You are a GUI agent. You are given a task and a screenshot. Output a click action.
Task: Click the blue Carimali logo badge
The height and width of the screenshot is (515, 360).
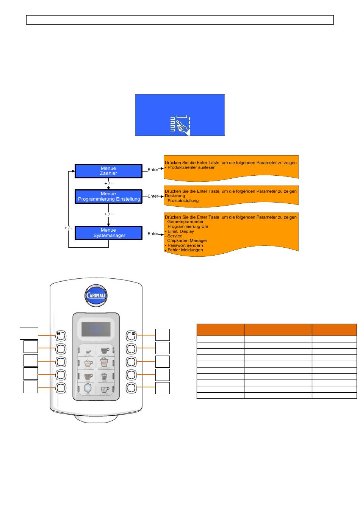point(96,295)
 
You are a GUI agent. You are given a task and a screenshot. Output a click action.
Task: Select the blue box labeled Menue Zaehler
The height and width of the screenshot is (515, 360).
point(108,171)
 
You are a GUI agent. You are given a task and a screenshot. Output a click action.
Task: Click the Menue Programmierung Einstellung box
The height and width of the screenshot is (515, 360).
point(108,197)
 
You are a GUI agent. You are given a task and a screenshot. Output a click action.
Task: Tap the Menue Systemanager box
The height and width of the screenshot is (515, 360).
point(108,233)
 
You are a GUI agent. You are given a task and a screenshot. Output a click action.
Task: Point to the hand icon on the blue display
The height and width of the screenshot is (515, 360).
point(180,125)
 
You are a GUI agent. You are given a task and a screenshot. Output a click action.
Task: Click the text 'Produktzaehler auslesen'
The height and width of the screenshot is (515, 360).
point(191,167)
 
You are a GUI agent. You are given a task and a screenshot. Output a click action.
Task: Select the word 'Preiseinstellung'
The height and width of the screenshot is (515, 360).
point(183,201)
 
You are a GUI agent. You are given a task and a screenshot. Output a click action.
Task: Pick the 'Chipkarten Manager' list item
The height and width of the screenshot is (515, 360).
point(187,240)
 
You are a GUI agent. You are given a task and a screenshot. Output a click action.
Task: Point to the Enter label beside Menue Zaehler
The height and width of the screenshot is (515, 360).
point(153,170)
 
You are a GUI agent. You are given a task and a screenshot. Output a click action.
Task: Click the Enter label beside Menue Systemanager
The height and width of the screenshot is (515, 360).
point(153,234)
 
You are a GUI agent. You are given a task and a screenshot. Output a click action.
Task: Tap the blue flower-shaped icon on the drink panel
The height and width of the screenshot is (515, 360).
point(88,389)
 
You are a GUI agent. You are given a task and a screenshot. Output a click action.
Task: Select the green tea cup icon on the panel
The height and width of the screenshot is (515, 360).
point(105,389)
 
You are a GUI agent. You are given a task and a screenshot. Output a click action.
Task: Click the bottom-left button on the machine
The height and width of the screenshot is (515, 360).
point(61,388)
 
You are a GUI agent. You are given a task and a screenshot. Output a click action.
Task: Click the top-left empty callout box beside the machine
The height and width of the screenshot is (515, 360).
point(29,334)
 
